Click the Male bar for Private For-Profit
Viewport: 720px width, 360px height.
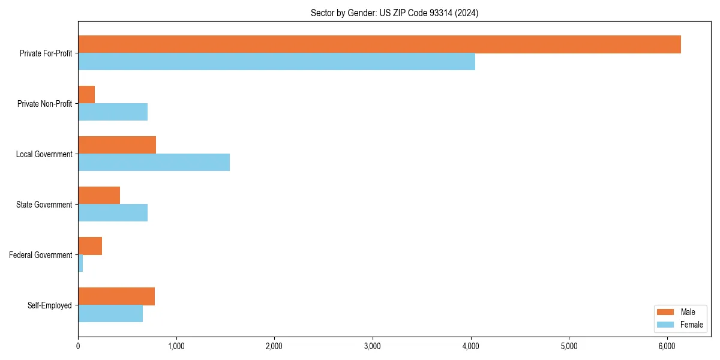tap(379, 44)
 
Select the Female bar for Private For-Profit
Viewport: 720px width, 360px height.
tap(277, 62)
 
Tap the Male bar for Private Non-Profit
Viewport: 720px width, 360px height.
tap(86, 95)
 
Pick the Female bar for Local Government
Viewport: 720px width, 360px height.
tap(154, 163)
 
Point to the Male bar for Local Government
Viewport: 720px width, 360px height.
tap(117, 145)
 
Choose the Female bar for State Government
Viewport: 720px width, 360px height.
tap(113, 213)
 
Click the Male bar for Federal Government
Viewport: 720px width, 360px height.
tap(90, 246)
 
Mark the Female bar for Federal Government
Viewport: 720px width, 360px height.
tap(80, 263)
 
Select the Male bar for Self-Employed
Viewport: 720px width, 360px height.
tap(116, 296)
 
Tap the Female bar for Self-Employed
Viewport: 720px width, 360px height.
tap(110, 314)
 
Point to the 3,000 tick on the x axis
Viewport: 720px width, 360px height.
tap(373, 346)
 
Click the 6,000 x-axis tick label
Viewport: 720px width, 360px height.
tap(667, 346)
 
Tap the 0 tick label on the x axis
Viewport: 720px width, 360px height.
tap(78, 346)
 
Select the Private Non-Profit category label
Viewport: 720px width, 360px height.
tap(44, 104)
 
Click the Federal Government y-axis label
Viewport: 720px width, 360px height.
tap(41, 255)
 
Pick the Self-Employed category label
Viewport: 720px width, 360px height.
tap(50, 305)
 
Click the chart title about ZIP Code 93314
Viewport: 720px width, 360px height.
tap(394, 13)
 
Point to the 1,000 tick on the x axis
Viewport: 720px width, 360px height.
tap(176, 346)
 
